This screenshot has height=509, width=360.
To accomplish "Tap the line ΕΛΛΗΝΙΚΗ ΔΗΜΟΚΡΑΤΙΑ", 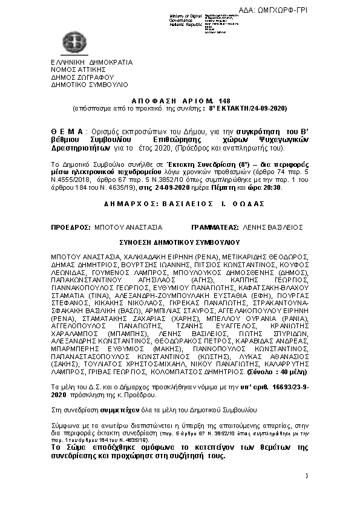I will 91,62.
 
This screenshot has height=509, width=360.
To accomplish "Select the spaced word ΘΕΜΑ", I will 68,131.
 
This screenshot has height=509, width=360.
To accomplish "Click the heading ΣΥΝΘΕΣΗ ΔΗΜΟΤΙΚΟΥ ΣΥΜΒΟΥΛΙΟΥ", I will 179,241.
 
